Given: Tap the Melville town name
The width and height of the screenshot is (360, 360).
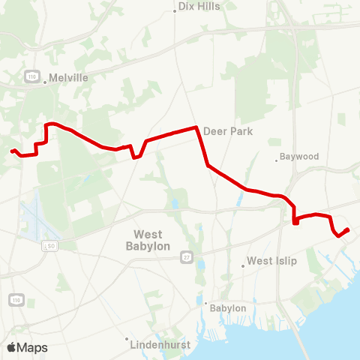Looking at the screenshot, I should click(x=69, y=77).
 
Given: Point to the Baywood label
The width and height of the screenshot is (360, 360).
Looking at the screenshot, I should click(x=299, y=157).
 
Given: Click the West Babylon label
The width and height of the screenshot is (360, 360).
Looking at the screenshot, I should click(x=147, y=240).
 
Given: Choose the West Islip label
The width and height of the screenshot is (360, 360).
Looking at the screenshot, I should click(x=272, y=261).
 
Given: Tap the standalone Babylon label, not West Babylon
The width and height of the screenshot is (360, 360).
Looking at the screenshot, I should click(x=228, y=307).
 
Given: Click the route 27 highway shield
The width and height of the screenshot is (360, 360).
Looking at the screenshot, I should click(x=185, y=257).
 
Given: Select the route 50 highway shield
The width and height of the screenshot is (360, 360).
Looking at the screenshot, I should click(x=51, y=245).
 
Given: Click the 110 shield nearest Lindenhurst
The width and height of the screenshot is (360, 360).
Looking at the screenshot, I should click(x=16, y=299).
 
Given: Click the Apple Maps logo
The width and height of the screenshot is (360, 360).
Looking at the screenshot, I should click(x=27, y=347).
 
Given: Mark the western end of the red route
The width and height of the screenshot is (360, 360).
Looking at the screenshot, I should click(x=12, y=151).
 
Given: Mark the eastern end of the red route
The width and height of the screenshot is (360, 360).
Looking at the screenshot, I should click(x=349, y=229).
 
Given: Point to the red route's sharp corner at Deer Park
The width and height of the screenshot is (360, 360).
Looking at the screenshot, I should click(x=197, y=127).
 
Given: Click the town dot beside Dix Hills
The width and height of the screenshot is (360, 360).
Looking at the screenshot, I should click(x=175, y=11).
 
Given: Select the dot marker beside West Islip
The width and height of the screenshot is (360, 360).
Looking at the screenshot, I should click(x=243, y=265).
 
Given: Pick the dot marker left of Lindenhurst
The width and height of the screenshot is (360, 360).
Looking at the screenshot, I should click(x=127, y=339).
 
